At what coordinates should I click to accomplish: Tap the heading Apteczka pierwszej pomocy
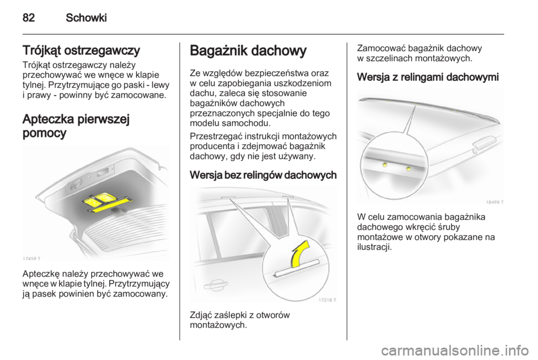75,127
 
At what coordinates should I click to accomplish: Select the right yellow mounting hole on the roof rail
409,168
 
